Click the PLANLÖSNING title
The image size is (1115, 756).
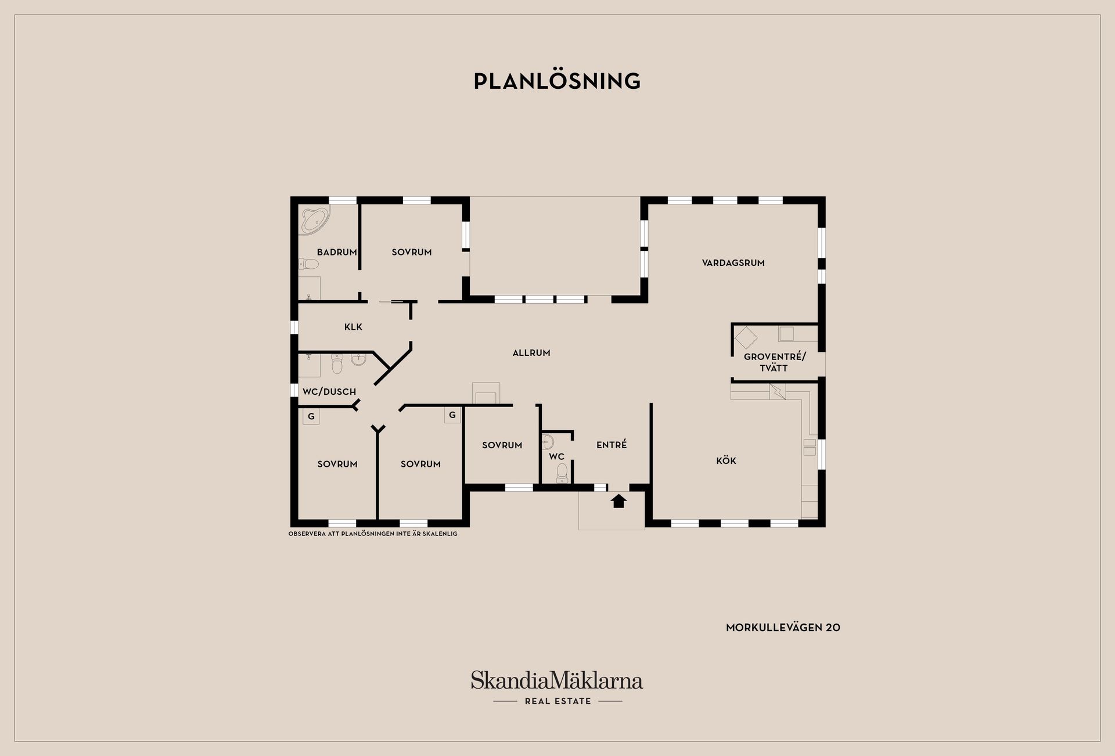click(x=557, y=81)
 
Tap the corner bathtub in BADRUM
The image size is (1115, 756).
click(x=314, y=219)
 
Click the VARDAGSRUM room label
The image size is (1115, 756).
click(x=733, y=263)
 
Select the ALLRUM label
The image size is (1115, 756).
click(x=531, y=352)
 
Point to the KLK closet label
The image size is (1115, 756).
click(x=353, y=327)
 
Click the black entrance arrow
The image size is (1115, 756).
click(x=618, y=501)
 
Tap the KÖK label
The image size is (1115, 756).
click(x=726, y=460)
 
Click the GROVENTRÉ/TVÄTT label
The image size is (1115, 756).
click(x=775, y=362)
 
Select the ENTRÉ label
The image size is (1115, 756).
click(x=612, y=445)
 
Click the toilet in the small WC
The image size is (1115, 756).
click(x=561, y=473)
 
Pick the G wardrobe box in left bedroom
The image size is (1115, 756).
click(x=311, y=416)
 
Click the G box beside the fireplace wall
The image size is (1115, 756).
click(x=452, y=415)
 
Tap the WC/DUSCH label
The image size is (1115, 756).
click(x=329, y=392)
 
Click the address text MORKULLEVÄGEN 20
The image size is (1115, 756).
click(x=783, y=627)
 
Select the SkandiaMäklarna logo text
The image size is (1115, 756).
click(x=557, y=680)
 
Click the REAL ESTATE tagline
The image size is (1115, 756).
click(x=557, y=701)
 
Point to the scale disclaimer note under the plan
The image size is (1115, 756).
click(x=373, y=534)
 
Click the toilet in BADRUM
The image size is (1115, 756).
click(x=309, y=265)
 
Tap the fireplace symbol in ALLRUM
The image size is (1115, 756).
click(x=486, y=393)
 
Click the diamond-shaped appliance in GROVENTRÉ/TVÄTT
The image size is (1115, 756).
click(x=746, y=337)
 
